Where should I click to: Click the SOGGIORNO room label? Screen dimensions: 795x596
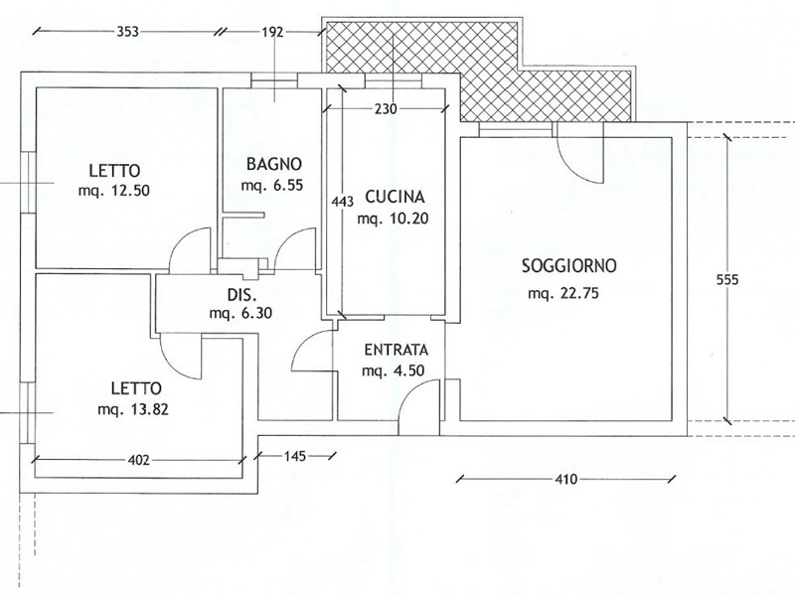568,265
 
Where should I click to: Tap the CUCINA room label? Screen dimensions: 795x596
395,197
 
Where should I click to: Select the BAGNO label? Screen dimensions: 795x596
274,164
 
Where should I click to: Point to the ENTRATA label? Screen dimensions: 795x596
396,350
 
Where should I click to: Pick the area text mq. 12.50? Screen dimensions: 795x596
114,191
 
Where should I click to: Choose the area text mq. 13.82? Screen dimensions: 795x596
133,409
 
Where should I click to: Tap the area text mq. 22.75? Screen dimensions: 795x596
563,293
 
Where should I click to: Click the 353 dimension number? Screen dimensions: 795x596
128,32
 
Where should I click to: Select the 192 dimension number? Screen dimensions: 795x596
272,33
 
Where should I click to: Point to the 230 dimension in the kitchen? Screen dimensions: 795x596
386,108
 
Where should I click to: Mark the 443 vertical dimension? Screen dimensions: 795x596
342,202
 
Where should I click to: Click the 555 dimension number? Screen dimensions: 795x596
727,279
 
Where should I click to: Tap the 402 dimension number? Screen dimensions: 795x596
139,460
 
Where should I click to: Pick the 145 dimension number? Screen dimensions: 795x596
294,456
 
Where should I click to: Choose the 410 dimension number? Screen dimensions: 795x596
565,479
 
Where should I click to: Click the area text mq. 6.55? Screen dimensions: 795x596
272,185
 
